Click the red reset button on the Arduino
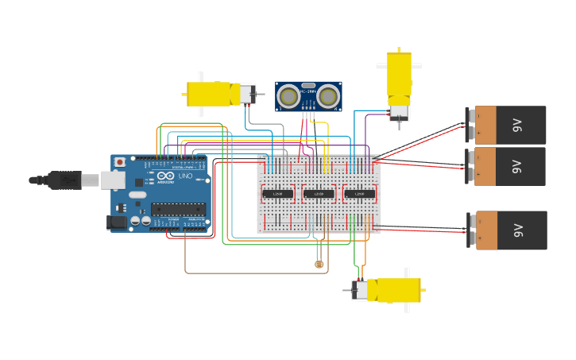pyautogui.click(x=119, y=162)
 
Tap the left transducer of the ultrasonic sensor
pyautogui.click(x=289, y=97)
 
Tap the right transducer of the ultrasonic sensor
pyautogui.click(x=328, y=97)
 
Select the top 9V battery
pyautogui.click(x=509, y=125)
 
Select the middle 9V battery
pyautogui.click(x=509, y=166)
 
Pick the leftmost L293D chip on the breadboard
pyautogui.click(x=277, y=194)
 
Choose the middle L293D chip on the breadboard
pyautogui.click(x=319, y=194)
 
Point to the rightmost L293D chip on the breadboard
pyautogui.click(x=359, y=194)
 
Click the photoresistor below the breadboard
pyautogui.click(x=319, y=264)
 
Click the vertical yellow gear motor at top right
pyautogui.click(x=399, y=79)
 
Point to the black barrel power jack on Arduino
pyautogui.click(x=117, y=223)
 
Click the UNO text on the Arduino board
pyautogui.click(x=184, y=176)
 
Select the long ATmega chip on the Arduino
pyautogui.click(x=178, y=210)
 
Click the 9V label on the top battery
pyautogui.click(x=517, y=125)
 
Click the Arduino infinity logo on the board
pyautogui.click(x=165, y=176)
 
